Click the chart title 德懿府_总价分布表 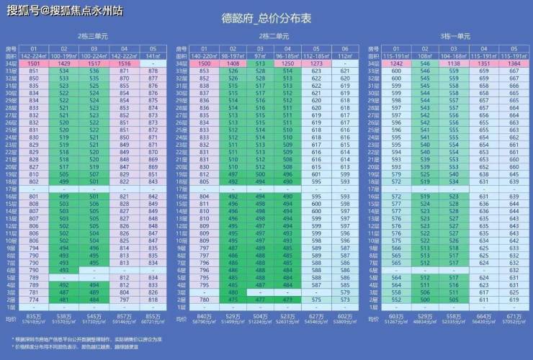pyautogui.click(x=266, y=21)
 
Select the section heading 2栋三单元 pyautogui.click(x=92, y=36)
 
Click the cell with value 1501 pyautogui.click(x=34, y=64)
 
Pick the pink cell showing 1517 pyautogui.click(x=94, y=64)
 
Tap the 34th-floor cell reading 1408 pyautogui.click(x=233, y=64)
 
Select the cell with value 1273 pyautogui.click(x=317, y=64)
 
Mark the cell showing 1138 pyautogui.click(x=453, y=64)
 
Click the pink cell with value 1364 pyautogui.click(x=513, y=64)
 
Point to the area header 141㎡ pyautogui.click(x=153, y=55)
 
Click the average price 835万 pyautogui.click(x=34, y=316)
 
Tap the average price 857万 pyautogui.click(x=123, y=316)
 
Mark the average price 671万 pyautogui.click(x=513, y=316)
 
